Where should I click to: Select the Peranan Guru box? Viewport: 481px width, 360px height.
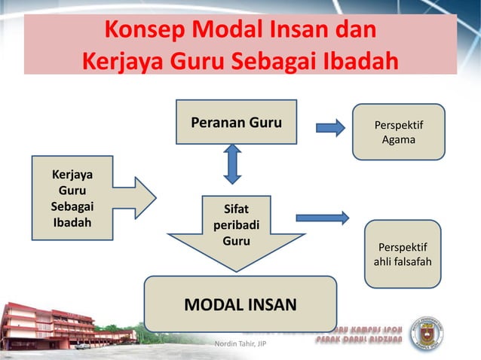point(236,122)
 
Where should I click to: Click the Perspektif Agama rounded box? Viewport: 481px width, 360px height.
point(399,132)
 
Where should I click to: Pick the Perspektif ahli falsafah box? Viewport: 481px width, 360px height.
point(403,254)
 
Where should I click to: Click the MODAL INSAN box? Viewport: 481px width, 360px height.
point(240,304)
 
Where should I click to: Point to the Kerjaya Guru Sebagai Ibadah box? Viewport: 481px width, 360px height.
point(72,198)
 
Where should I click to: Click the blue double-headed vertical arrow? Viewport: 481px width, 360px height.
point(232,164)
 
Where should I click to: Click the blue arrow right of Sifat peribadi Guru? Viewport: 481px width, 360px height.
point(322,218)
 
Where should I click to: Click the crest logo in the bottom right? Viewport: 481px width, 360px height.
point(427,334)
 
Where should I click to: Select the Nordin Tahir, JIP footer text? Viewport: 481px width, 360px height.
point(240,345)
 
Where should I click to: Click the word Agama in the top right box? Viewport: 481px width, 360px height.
point(399,139)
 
